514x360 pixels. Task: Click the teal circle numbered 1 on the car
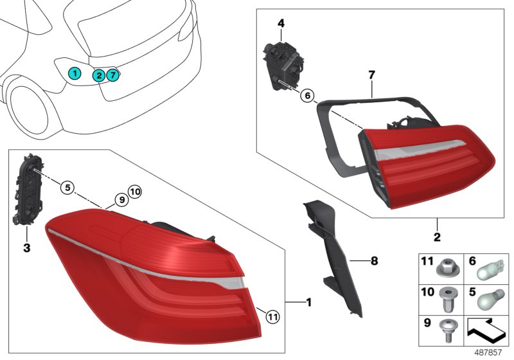coord(75,73)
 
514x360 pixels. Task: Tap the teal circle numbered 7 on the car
coord(113,75)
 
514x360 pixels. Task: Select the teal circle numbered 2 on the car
coord(99,76)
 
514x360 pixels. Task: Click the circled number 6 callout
coord(308,96)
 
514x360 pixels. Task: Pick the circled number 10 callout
coord(134,191)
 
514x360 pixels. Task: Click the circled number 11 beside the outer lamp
coord(272,316)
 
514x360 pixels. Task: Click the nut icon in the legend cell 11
coord(446,265)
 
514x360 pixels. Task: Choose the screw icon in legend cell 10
coord(446,298)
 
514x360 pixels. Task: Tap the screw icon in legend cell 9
coord(446,329)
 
